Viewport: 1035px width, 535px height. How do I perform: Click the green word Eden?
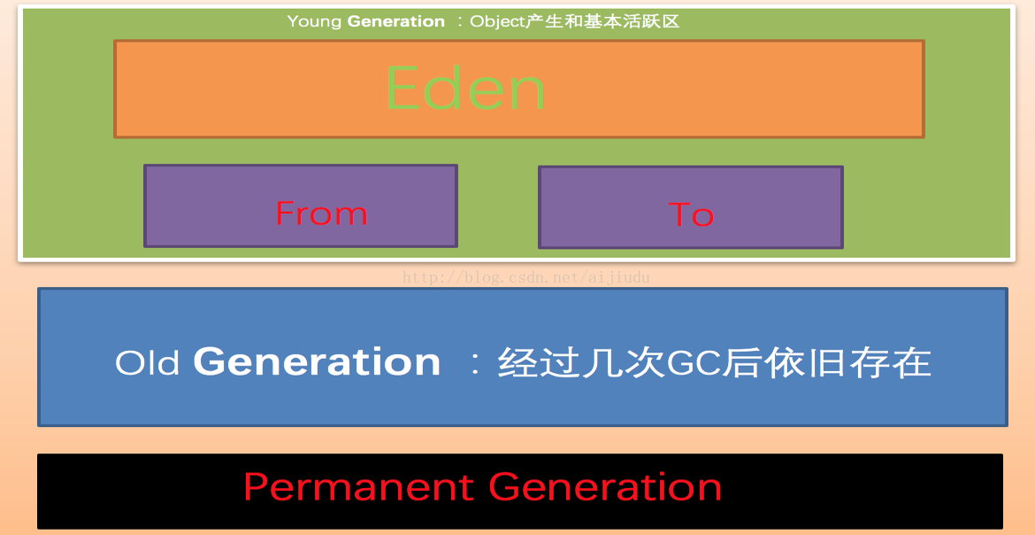point(466,89)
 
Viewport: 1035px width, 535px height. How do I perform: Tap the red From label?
point(321,213)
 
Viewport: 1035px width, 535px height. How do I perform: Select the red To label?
point(691,215)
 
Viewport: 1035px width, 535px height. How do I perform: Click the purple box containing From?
point(301,205)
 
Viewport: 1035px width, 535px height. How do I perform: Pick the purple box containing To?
point(691,207)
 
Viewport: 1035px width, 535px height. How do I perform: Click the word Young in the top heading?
point(314,22)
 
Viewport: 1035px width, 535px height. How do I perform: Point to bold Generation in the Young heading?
point(396,21)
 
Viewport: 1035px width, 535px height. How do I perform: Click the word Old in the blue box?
point(148,362)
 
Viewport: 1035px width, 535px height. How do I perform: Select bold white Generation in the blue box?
point(317,361)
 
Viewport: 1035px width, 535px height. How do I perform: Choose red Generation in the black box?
point(605,486)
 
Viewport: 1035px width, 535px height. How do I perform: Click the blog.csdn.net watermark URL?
point(526,277)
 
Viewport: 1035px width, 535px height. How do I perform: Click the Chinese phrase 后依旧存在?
point(826,362)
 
